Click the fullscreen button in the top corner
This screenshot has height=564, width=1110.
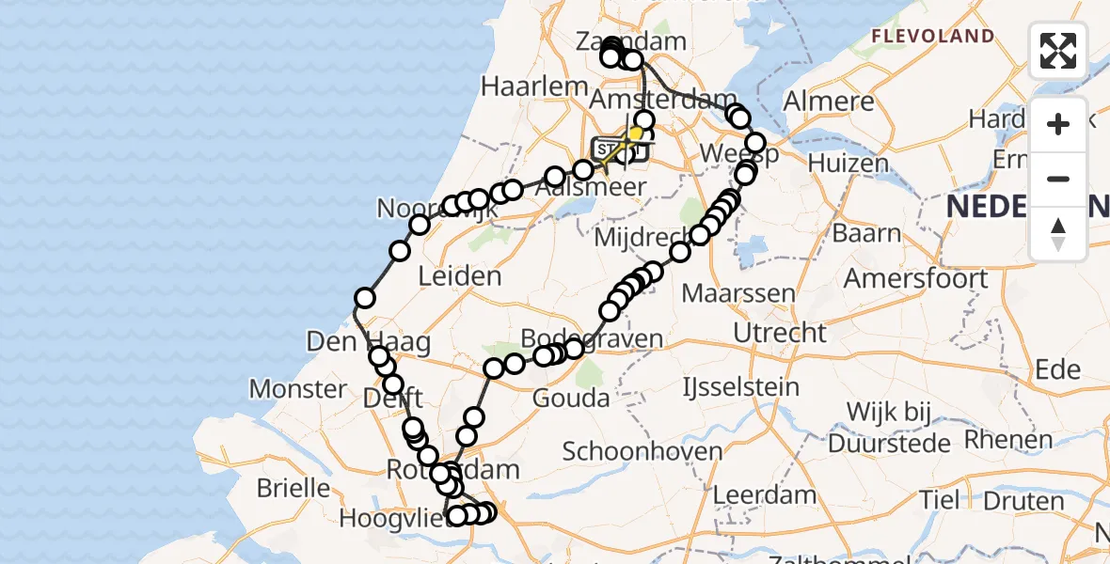(1058, 51)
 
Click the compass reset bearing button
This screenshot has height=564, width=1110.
(1058, 234)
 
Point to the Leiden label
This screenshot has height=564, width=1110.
(461, 276)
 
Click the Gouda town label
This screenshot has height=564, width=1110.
(570, 398)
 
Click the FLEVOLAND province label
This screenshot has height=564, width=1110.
(932, 37)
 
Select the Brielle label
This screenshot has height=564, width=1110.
(293, 489)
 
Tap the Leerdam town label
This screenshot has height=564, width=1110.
(765, 494)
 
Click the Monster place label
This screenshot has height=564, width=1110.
(298, 388)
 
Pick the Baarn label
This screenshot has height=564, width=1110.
(866, 234)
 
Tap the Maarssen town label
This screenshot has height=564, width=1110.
(738, 293)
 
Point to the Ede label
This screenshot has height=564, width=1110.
(1058, 368)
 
